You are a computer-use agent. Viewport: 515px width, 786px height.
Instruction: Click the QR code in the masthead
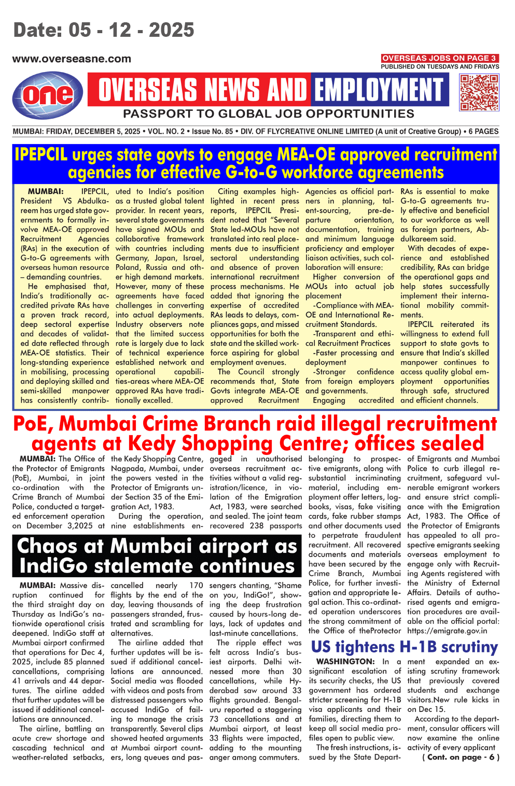[x=479, y=92]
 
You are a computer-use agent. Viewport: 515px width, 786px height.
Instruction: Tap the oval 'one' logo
[x=48, y=95]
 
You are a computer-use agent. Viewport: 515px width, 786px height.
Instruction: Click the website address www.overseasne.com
[x=72, y=59]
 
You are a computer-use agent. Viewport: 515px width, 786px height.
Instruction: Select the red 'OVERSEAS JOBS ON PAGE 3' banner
[x=439, y=58]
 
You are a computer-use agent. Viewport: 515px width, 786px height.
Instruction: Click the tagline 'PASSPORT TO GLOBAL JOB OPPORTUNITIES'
[x=268, y=114]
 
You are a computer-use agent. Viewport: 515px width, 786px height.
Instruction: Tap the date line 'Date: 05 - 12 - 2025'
[x=104, y=30]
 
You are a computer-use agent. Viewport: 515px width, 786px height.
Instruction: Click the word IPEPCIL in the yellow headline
[x=40, y=154]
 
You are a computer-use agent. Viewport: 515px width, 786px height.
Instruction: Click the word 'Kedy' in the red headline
[x=152, y=444]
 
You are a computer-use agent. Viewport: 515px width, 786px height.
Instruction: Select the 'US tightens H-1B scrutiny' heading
[x=404, y=647]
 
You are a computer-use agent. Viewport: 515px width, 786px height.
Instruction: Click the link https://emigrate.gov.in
[x=447, y=631]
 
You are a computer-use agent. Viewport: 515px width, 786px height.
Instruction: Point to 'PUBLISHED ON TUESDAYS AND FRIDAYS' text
[x=440, y=66]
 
